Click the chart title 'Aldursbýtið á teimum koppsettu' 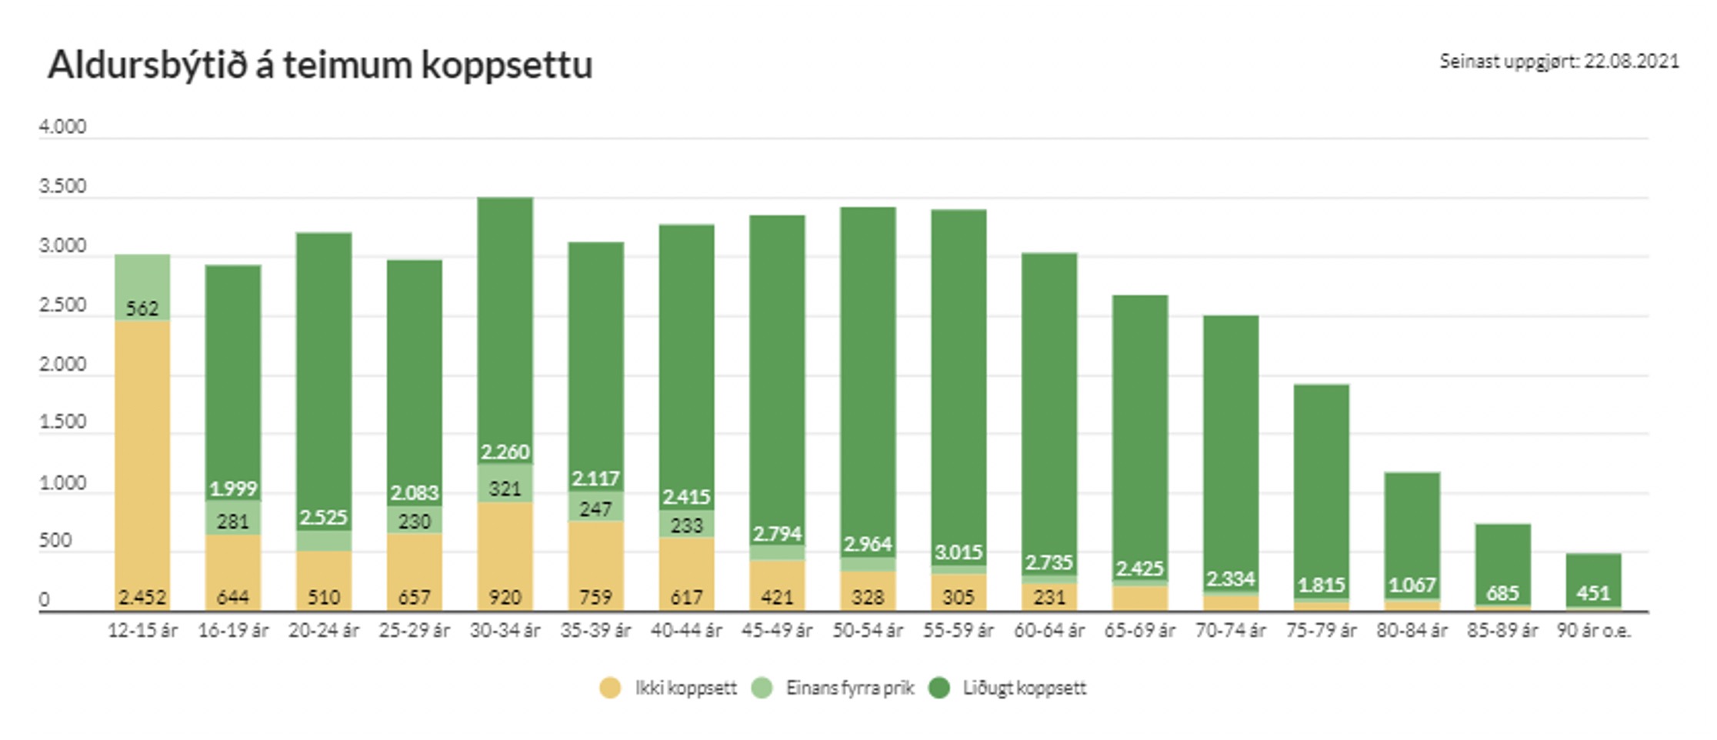320,65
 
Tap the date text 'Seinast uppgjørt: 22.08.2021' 1559,62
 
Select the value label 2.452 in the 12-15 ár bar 142,597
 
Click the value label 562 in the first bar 142,308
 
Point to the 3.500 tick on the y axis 63,186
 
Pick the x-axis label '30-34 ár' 505,631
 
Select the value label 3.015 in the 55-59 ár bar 959,552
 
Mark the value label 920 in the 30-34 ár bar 505,597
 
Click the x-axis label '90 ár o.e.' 1593,631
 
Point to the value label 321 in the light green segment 505,488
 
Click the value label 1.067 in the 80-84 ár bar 1412,585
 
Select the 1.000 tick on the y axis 63,483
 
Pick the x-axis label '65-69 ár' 1139,631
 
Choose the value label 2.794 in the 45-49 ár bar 777,533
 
